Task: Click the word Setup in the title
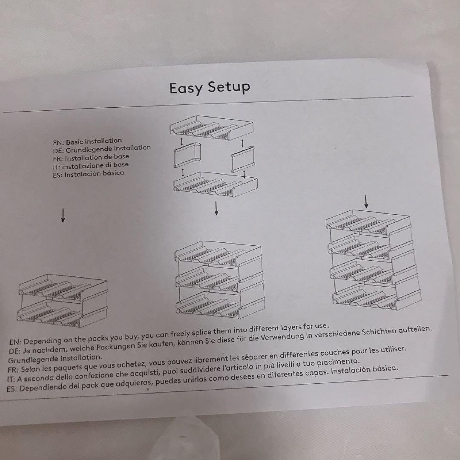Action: click(x=229, y=87)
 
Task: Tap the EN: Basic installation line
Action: click(x=87, y=142)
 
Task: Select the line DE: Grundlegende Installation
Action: click(x=102, y=149)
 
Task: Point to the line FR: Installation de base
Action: click(x=91, y=158)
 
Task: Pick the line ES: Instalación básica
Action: click(x=88, y=174)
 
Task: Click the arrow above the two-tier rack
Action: click(x=63, y=216)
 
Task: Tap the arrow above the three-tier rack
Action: click(x=216, y=208)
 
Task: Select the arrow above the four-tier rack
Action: click(x=366, y=201)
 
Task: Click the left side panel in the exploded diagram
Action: click(x=187, y=155)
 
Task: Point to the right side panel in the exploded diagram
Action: click(x=243, y=159)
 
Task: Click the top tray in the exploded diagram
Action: click(x=212, y=128)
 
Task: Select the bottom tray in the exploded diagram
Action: click(x=216, y=184)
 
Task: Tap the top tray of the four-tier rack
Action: click(x=368, y=222)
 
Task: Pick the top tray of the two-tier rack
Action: click(x=63, y=287)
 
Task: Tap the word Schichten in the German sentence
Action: click(x=378, y=331)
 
